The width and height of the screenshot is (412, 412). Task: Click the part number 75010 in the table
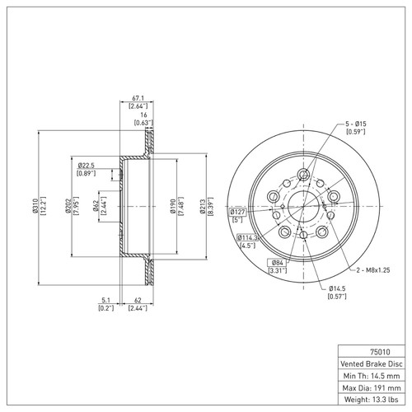pos(373,349)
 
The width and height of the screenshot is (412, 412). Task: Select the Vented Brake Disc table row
pos(373,362)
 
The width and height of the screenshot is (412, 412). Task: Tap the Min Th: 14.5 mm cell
pos(373,375)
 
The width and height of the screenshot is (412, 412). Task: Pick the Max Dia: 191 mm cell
pos(373,388)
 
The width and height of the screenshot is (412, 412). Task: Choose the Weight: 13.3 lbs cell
pos(373,401)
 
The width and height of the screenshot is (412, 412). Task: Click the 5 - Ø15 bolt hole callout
pos(353,124)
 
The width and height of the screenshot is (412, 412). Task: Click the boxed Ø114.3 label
pos(247,236)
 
